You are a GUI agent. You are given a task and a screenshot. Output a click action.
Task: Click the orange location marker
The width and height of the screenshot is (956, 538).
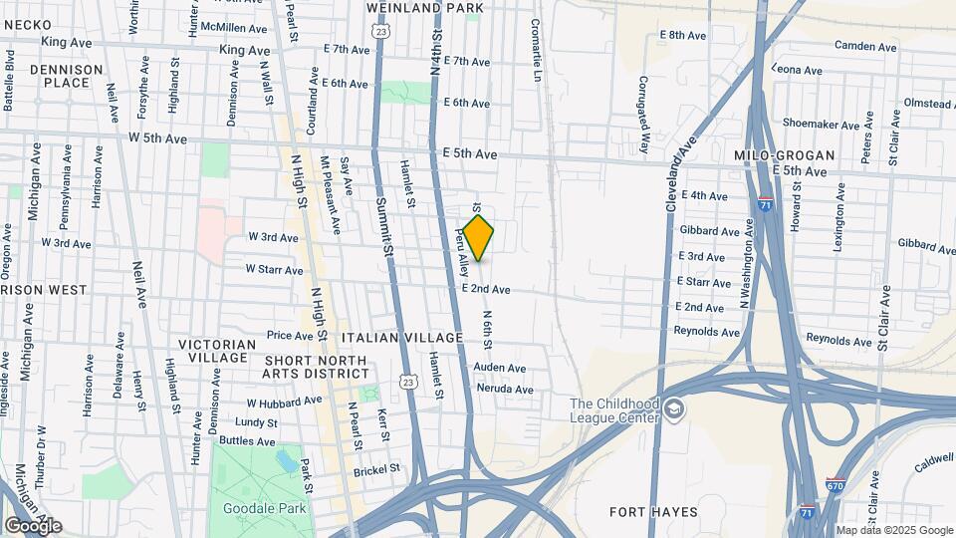(x=479, y=238)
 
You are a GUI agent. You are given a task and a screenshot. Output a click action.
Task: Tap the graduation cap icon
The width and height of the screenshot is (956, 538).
(x=675, y=409)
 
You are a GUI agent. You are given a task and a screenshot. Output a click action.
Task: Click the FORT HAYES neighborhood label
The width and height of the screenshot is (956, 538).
(x=653, y=512)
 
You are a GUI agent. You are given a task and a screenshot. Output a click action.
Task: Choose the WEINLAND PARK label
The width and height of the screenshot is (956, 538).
(x=423, y=7)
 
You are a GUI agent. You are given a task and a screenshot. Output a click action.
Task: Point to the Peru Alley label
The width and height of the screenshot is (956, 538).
(x=462, y=252)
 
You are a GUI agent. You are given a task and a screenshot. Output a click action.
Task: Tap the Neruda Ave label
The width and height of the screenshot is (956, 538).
(x=504, y=390)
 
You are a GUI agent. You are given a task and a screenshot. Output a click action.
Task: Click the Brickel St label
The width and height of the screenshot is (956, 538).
(x=377, y=467)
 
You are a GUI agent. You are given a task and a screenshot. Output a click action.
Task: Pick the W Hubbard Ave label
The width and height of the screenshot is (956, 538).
(x=285, y=402)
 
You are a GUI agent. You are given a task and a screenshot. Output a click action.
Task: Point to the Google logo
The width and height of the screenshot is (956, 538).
(x=32, y=525)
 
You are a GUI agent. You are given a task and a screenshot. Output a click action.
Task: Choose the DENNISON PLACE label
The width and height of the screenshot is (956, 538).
(x=66, y=76)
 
